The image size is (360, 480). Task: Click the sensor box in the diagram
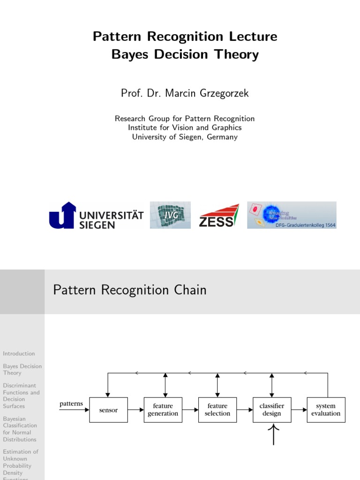tap(108, 410)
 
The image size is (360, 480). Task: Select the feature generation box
tap(163, 410)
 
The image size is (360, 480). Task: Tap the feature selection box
tap(217, 410)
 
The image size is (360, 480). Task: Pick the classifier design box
tap(271, 410)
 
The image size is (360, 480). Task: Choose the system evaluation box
tap(326, 410)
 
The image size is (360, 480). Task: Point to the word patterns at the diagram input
tap(71, 404)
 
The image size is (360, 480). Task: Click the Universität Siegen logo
tap(96, 215)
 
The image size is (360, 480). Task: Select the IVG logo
tap(170, 215)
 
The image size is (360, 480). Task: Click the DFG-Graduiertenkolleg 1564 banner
tap(292, 215)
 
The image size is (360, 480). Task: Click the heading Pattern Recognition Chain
tap(130, 290)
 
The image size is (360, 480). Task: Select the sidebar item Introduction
tap(19, 353)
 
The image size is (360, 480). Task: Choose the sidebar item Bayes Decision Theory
tap(22, 369)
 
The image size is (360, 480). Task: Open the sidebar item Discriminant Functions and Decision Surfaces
tap(21, 396)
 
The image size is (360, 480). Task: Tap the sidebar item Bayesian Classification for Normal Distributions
tap(20, 429)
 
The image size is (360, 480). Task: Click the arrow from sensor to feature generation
tap(135, 410)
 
